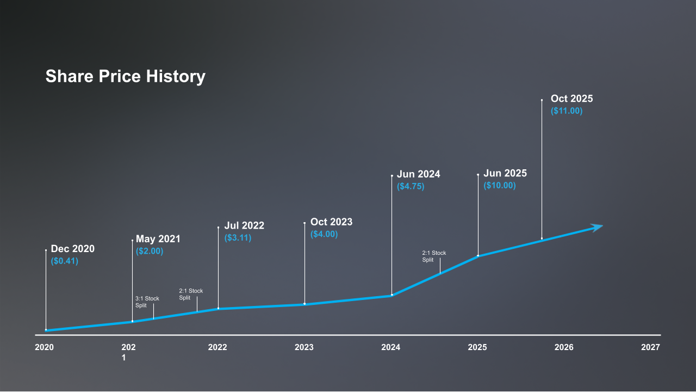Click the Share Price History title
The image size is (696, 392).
click(x=125, y=76)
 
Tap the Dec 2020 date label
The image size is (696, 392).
click(x=72, y=249)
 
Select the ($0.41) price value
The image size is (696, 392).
click(x=64, y=261)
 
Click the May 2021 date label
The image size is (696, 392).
click(x=158, y=239)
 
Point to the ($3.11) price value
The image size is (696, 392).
click(x=238, y=237)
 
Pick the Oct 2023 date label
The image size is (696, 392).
click(x=331, y=222)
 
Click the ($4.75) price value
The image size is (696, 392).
click(x=410, y=186)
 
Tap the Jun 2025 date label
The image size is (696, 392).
click(x=505, y=173)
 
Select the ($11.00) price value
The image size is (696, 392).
click(x=566, y=111)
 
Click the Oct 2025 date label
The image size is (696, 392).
click(x=571, y=99)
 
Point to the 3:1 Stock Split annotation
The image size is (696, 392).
click(x=147, y=302)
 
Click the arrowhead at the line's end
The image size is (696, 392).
click(x=598, y=227)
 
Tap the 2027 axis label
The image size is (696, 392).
click(x=650, y=347)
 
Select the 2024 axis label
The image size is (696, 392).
click(x=390, y=347)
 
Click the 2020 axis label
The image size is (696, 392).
click(x=44, y=347)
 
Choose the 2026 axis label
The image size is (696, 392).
click(x=564, y=347)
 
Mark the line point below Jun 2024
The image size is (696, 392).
click(x=391, y=295)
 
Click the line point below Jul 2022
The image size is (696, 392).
click(x=218, y=309)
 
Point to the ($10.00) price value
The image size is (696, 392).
click(x=499, y=185)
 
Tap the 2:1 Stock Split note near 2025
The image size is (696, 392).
click(x=434, y=256)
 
